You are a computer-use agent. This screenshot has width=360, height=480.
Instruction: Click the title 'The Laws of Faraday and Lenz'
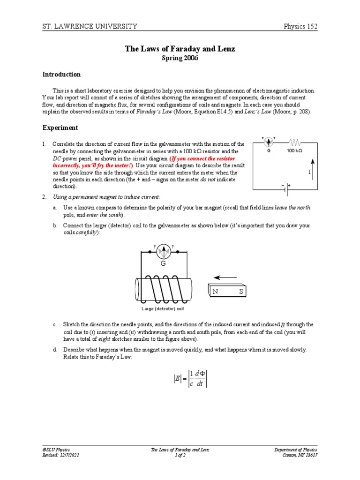(180, 49)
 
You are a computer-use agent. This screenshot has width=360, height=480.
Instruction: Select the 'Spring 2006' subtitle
(180, 58)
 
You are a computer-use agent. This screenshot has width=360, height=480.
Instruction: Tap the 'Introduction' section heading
(61, 75)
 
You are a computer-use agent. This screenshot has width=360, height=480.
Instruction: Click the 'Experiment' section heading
(60, 127)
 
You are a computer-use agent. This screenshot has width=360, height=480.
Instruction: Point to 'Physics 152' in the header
(300, 26)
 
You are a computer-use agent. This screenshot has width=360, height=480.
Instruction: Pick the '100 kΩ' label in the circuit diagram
(294, 151)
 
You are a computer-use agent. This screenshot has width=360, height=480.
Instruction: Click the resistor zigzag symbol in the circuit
(294, 141)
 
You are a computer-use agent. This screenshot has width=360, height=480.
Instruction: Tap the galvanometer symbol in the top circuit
(269, 141)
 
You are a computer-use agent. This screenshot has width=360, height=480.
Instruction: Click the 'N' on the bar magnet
(216, 292)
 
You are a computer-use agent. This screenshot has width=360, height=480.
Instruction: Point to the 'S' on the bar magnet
(241, 292)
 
